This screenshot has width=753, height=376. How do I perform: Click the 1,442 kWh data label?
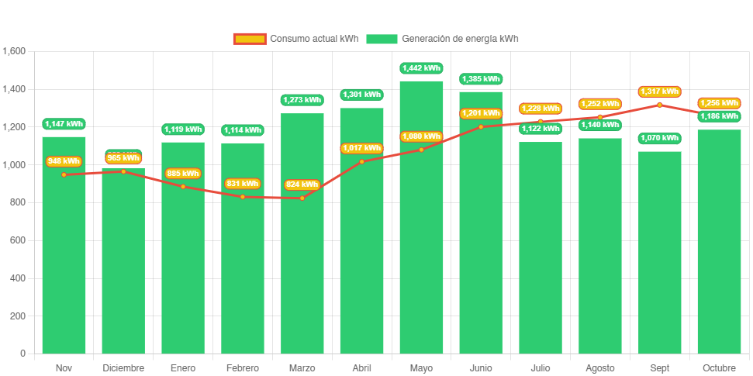421,68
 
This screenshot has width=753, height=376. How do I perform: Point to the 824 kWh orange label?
302,185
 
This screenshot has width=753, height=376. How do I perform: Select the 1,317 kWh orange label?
659,91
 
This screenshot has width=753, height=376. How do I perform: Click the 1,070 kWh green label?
659,138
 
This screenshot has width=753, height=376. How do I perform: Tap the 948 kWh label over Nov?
64,161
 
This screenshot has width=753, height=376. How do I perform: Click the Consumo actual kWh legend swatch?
249,39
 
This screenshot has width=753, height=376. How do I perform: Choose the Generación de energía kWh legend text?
460,39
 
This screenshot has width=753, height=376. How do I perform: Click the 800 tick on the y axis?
17,202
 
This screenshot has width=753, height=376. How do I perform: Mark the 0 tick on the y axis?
22,354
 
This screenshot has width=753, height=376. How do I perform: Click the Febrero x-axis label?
243,367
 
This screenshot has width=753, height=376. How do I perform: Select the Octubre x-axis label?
719,367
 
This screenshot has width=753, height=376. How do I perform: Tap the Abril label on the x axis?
361,367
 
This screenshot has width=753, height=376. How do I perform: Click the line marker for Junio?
481,126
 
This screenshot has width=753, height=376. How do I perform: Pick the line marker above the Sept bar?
659,105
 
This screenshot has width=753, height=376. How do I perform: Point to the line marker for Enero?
183,186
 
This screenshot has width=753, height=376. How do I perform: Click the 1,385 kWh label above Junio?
481,79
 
